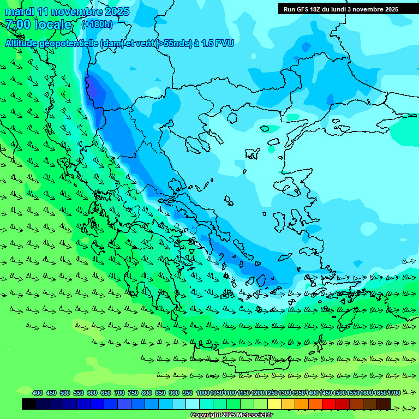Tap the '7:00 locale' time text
[38, 25]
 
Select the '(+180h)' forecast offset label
[97, 25]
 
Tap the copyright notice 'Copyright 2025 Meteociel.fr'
[231, 415]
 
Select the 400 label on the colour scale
[38, 393]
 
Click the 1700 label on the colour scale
[394, 393]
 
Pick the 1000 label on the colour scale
[202, 393]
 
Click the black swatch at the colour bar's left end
[29, 404]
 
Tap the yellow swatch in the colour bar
[274, 404]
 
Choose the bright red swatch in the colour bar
[329, 404]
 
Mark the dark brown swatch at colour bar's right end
[384, 404]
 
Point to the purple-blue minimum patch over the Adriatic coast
[95, 90]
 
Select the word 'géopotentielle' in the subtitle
[70, 44]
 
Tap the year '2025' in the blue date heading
[117, 11]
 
